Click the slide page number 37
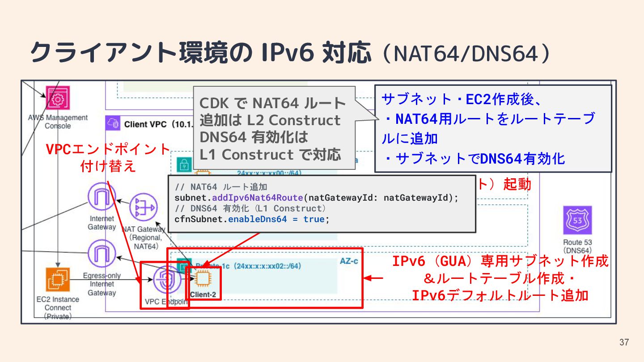pyautogui.click(x=624, y=343)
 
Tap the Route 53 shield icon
pyautogui.click(x=577, y=220)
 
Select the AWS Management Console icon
pyautogui.click(x=58, y=100)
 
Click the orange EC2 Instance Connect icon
pyautogui.click(x=58, y=280)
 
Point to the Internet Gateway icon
pyautogui.click(x=102, y=197)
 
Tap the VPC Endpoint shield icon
pyautogui.click(x=167, y=280)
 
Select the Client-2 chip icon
pyautogui.click(x=202, y=278)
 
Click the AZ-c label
pyautogui.click(x=349, y=261)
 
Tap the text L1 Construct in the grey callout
pyautogui.click(x=246, y=154)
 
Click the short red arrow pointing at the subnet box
pyautogui.click(x=374, y=278)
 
